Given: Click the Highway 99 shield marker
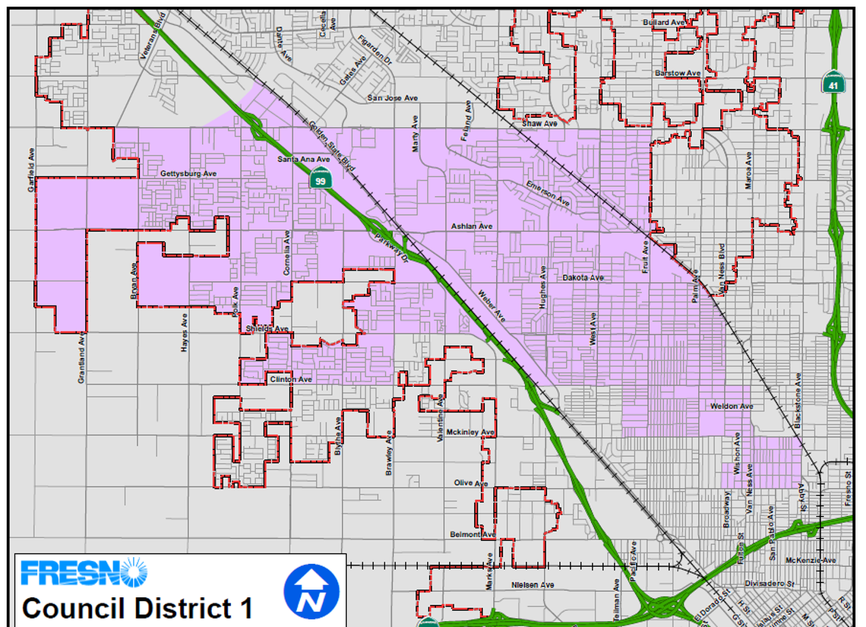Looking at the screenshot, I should (321, 181).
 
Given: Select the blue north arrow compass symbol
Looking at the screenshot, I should (310, 592).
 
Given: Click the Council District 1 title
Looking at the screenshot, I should (137, 609).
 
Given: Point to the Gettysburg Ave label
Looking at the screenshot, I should (189, 174).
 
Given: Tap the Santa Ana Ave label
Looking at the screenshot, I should (303, 159).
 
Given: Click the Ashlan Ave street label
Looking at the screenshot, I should (472, 226).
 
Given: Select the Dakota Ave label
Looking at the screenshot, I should (583, 278).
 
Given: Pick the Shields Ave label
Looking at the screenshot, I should (268, 329).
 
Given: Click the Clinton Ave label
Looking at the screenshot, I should (291, 379).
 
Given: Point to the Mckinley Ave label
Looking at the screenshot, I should (470, 432).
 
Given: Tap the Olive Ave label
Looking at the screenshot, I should (470, 483).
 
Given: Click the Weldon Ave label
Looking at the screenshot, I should (732, 407).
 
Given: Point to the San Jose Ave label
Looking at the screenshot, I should (393, 98).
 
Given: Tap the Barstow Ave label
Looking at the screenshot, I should (678, 73).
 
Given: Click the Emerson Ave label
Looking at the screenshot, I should (547, 195).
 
